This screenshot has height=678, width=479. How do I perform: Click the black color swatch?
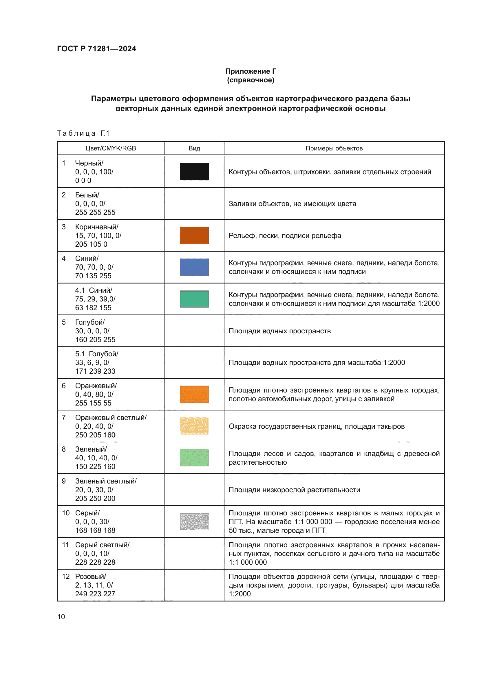194,172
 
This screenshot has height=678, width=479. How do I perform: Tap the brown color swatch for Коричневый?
194,235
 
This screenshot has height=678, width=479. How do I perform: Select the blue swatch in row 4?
194,267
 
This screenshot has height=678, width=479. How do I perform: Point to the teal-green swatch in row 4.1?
194,299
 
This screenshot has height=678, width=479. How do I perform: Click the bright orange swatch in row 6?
194,394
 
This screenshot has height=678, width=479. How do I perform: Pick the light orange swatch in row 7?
194,426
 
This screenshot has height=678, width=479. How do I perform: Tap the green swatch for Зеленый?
194,458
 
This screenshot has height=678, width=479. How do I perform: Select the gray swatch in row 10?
194,521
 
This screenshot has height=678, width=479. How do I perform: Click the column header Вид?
194,148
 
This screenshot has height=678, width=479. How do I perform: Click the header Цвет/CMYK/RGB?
111,148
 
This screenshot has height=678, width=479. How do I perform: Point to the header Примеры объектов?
334,148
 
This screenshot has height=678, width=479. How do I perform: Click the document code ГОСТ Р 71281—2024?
96,49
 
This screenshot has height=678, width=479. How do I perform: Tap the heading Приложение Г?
251,71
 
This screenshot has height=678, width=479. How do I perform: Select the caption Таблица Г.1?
83,133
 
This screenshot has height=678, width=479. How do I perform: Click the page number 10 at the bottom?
61,617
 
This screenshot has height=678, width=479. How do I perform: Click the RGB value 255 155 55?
93,403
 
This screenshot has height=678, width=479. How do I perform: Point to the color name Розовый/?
91,577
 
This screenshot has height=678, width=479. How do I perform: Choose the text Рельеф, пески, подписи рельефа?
285,236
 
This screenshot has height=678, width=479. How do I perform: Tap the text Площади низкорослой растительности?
294,490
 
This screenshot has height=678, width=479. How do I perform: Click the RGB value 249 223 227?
95,594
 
